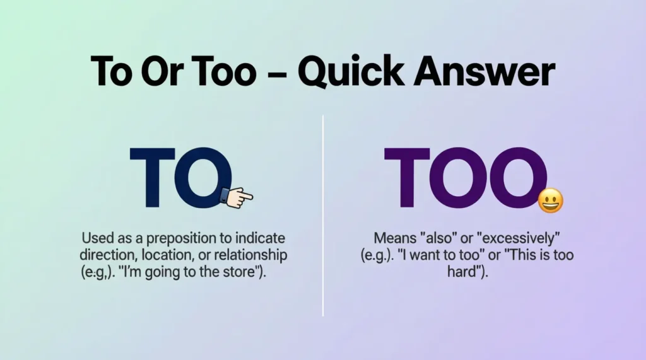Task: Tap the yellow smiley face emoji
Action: [550, 200]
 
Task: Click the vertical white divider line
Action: [323, 214]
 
